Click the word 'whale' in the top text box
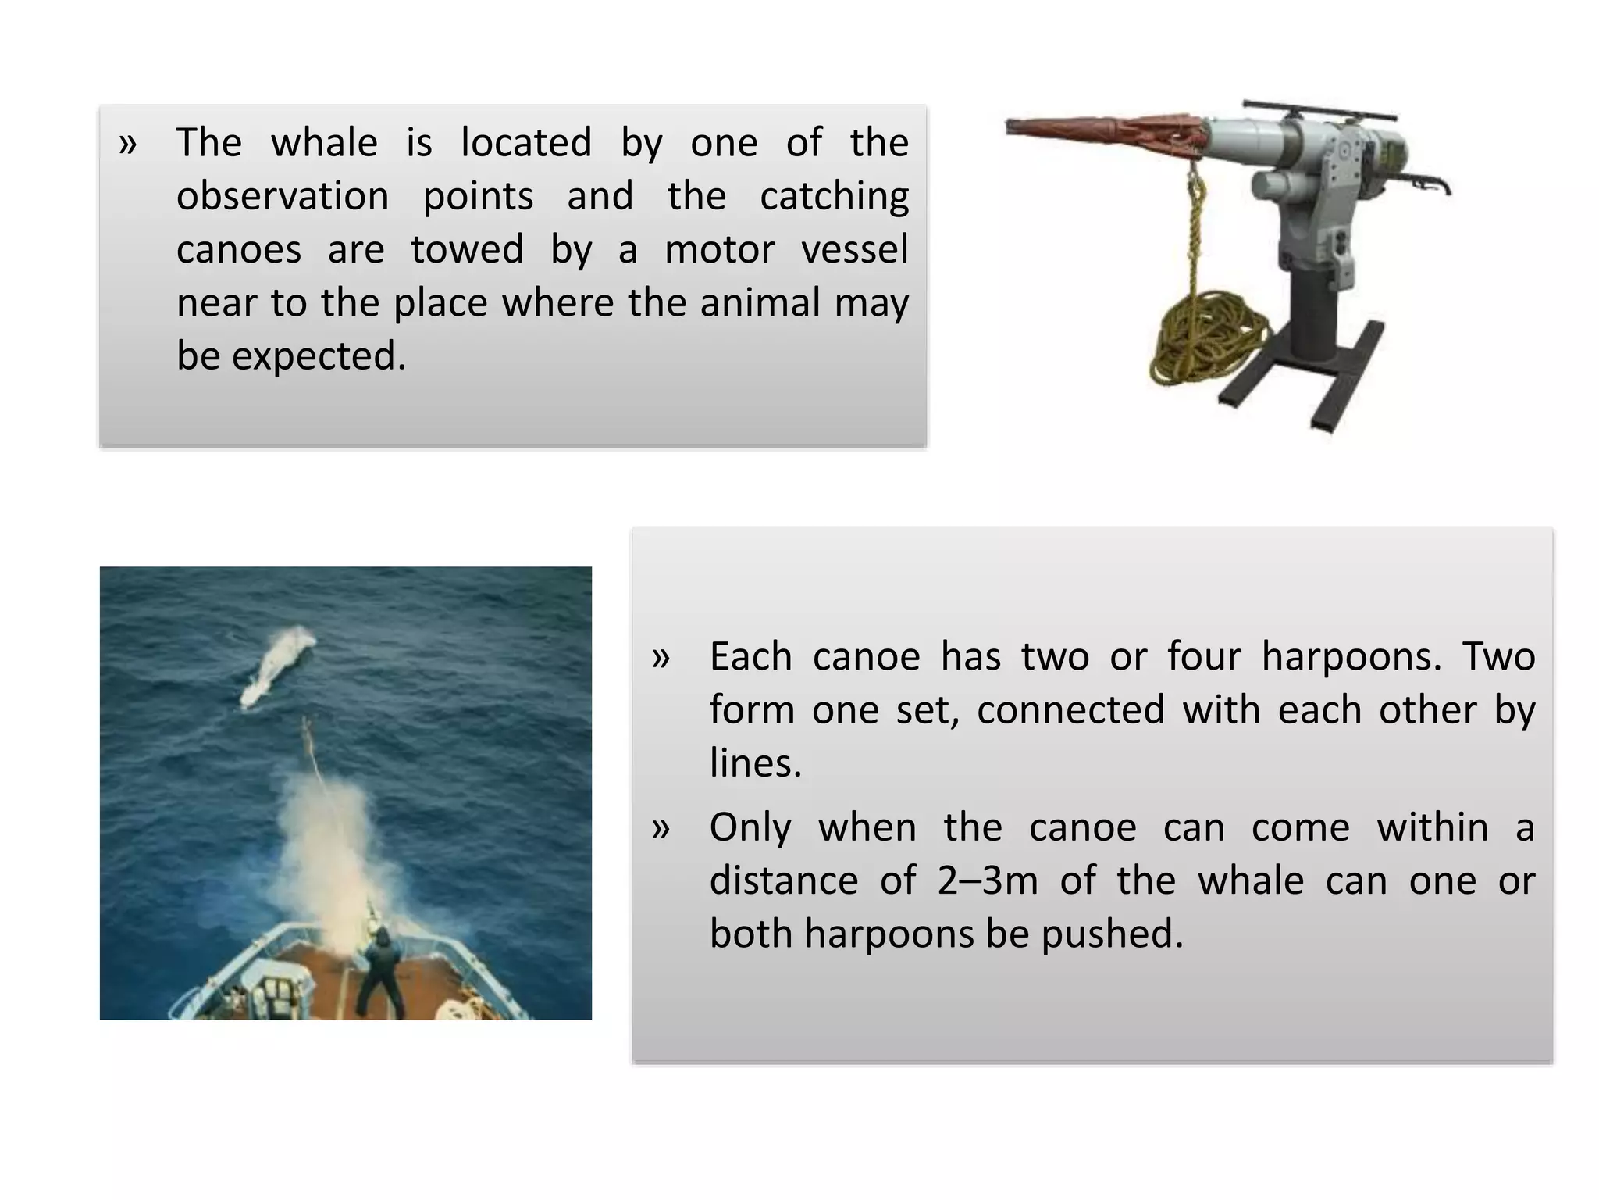point(324,143)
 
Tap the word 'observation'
point(283,196)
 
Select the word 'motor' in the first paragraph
point(719,250)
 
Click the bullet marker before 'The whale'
point(128,144)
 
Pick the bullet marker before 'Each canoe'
point(661,658)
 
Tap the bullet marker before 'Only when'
point(661,828)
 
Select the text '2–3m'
point(988,881)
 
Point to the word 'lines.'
point(756,763)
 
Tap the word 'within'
point(1432,827)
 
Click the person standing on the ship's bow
point(381,973)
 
